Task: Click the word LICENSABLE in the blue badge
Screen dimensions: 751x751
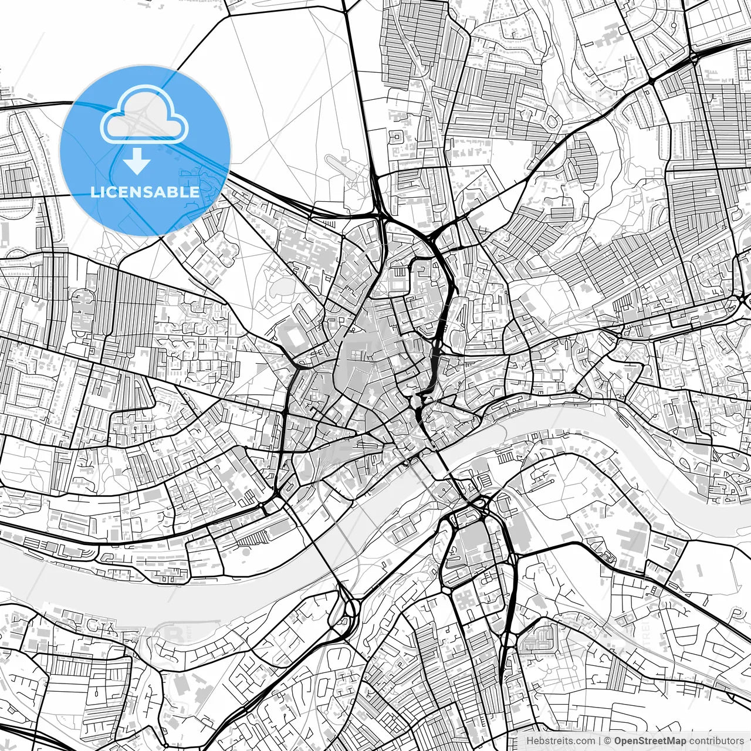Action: [145, 192]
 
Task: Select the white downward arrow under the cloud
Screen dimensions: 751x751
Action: [137, 161]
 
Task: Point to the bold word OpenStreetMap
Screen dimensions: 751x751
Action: [650, 741]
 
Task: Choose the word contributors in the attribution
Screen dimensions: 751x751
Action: [716, 741]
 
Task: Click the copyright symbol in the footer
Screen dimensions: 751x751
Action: [608, 741]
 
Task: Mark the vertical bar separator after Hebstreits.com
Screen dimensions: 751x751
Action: [599, 741]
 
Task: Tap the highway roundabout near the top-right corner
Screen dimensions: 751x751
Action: [694, 57]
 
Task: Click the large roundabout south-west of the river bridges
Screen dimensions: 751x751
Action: [350, 608]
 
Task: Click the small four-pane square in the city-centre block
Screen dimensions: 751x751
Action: [401, 273]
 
